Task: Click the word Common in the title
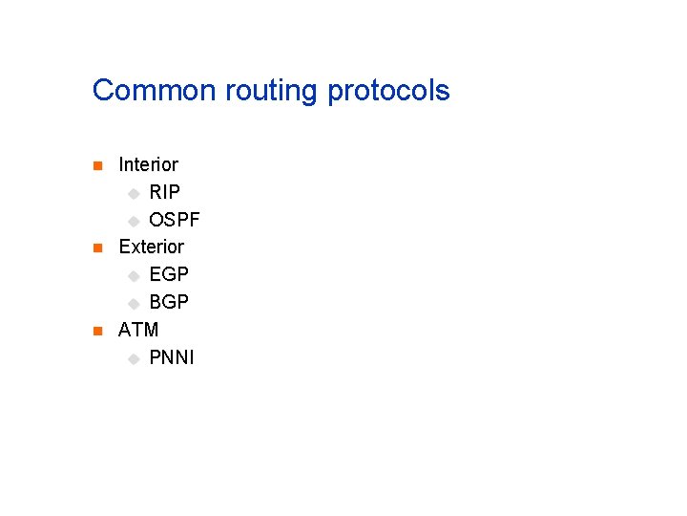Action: coord(156,91)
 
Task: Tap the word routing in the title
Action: coord(272,92)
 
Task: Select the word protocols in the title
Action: coord(388,92)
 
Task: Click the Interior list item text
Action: coord(148,165)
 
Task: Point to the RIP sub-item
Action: coord(165,193)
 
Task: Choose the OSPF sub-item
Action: coord(175,221)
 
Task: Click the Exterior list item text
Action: coord(151,247)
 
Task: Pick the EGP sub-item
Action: coord(169,275)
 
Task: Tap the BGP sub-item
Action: coord(169,303)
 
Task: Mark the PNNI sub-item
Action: coord(172,358)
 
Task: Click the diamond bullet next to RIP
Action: coord(134,194)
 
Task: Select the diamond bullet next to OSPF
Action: coord(134,222)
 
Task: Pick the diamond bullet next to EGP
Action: coord(134,276)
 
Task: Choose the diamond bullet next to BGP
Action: coord(134,304)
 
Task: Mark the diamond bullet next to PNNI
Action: coord(134,359)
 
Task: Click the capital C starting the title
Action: coord(102,91)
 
